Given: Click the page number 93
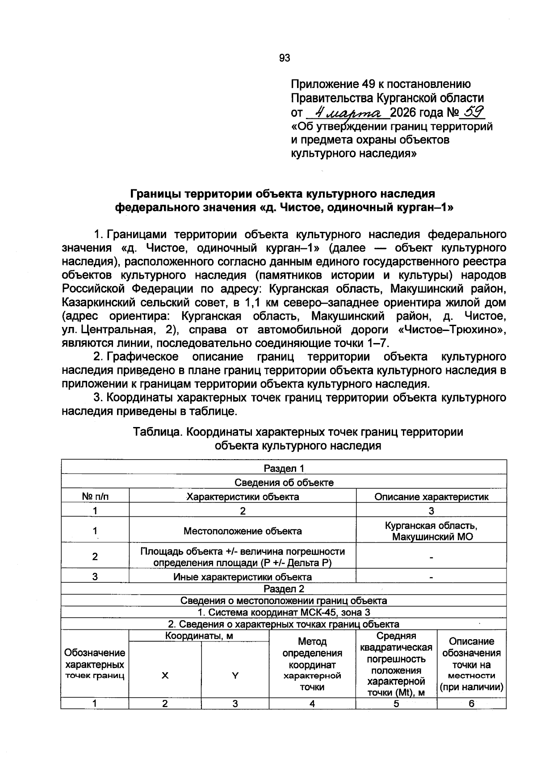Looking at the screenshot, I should click(285, 58).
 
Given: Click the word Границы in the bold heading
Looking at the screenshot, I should click(155, 194).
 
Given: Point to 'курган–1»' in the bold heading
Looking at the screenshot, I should click(427, 208).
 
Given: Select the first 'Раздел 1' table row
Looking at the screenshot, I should click(284, 468).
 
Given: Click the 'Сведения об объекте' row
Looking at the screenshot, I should click(284, 482).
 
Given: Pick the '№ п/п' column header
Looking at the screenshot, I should click(95, 497).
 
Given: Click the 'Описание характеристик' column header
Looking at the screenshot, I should click(431, 497).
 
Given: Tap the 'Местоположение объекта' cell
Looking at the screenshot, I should click(243, 531).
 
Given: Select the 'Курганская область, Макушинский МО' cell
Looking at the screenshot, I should click(431, 531).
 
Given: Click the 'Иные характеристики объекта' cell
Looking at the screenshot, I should click(243, 577).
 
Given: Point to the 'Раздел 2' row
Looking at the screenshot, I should click(284, 589).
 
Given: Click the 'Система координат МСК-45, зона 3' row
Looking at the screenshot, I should click(284, 612).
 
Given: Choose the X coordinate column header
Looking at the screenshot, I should click(165, 676).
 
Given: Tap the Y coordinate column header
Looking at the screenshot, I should click(235, 676).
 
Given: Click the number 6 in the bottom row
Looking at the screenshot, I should click(471, 704).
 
